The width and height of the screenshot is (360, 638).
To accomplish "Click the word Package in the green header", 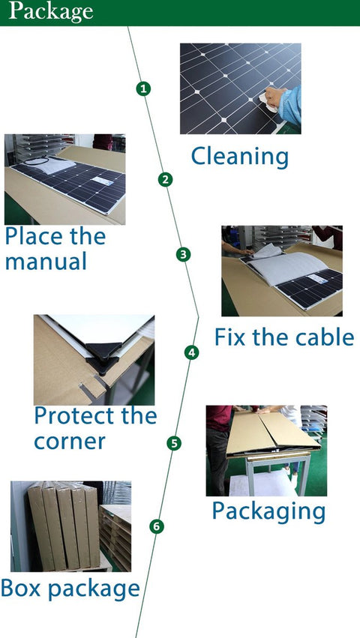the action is click(51, 12).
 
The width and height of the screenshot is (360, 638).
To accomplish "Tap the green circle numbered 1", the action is click(143, 88).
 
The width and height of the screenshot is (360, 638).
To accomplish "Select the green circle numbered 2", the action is click(165, 180).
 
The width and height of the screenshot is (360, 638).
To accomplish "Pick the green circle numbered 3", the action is click(183, 255).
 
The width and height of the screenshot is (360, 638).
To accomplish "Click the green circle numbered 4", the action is click(192, 352).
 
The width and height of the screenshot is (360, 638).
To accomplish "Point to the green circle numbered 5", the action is click(174, 443).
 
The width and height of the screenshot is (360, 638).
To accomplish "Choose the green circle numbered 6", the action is click(157, 526).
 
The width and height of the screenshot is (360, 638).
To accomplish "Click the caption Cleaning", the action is click(240, 156).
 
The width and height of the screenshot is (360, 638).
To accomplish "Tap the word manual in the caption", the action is click(46, 261).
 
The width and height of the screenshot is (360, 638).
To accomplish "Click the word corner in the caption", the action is click(70, 442).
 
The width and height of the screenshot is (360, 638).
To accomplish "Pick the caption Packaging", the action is click(268, 511).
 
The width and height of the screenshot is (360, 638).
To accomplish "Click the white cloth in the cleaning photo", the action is click(268, 102).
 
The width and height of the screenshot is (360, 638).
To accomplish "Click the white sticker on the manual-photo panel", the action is click(102, 181).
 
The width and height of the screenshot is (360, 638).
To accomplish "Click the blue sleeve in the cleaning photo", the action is click(291, 104).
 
